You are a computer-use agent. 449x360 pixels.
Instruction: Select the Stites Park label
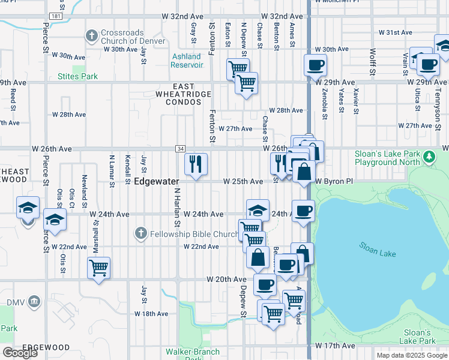tap(77, 76)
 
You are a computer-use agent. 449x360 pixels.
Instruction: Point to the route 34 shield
tap(180, 148)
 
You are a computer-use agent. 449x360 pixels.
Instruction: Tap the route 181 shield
tap(55, 16)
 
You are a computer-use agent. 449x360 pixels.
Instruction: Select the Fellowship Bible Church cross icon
tap(140, 233)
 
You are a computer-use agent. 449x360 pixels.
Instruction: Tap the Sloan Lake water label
tap(378, 249)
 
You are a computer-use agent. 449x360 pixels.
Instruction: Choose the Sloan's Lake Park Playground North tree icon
tap(429, 157)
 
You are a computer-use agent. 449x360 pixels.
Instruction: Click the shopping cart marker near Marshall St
tap(98, 267)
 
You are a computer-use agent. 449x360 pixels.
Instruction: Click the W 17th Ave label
tap(331, 346)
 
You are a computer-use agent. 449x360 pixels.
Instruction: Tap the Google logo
tap(20, 352)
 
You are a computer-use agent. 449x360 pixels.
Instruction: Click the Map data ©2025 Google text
tap(411, 355)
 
